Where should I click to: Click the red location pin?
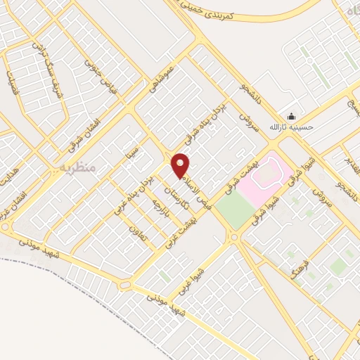coord(181,165)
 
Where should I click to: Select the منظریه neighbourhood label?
coord(77,168)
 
